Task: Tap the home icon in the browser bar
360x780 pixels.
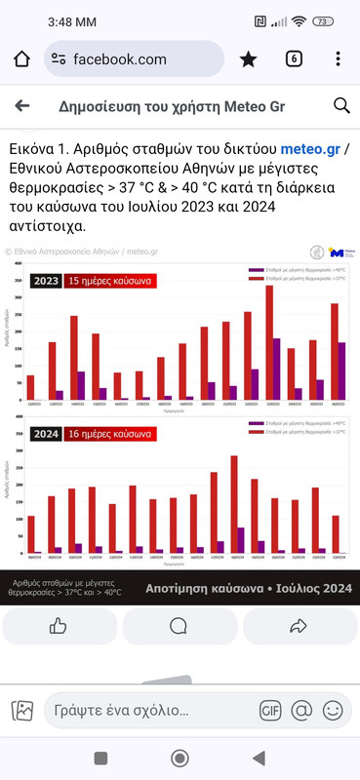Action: pos(22,59)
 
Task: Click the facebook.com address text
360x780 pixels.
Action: pos(119,59)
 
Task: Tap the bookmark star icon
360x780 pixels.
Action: pos(248,59)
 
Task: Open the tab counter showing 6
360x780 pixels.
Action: pos(293,59)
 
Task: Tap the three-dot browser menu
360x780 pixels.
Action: pos(338,59)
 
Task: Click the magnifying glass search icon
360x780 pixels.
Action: pos(341,106)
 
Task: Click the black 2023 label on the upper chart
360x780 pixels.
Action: pos(45,254)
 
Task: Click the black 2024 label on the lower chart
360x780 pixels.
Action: pos(45,433)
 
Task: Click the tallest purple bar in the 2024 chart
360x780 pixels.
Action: pos(241,541)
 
